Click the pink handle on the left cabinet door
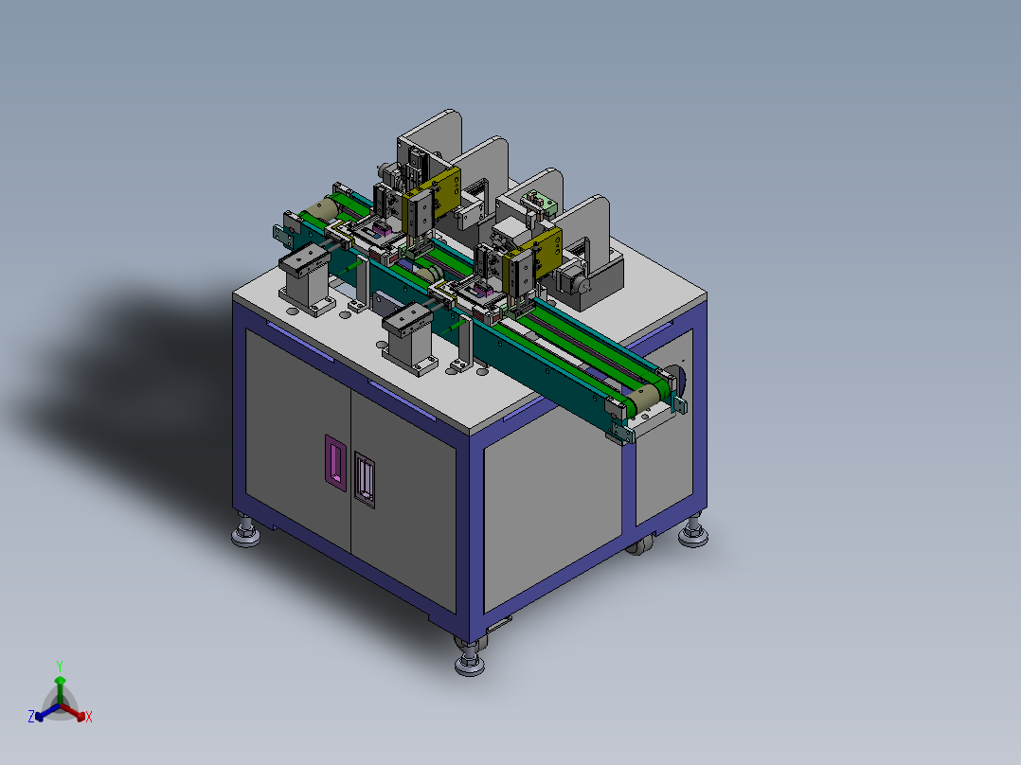click(x=335, y=463)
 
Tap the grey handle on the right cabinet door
click(x=365, y=479)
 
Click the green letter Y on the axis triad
click(x=60, y=666)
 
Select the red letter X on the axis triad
click(x=89, y=717)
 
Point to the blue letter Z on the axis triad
click(x=31, y=717)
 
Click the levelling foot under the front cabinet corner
click(x=470, y=658)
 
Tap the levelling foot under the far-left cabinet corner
click(x=245, y=530)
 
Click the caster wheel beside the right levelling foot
click(x=641, y=544)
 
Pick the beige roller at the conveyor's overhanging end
click(x=643, y=397)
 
